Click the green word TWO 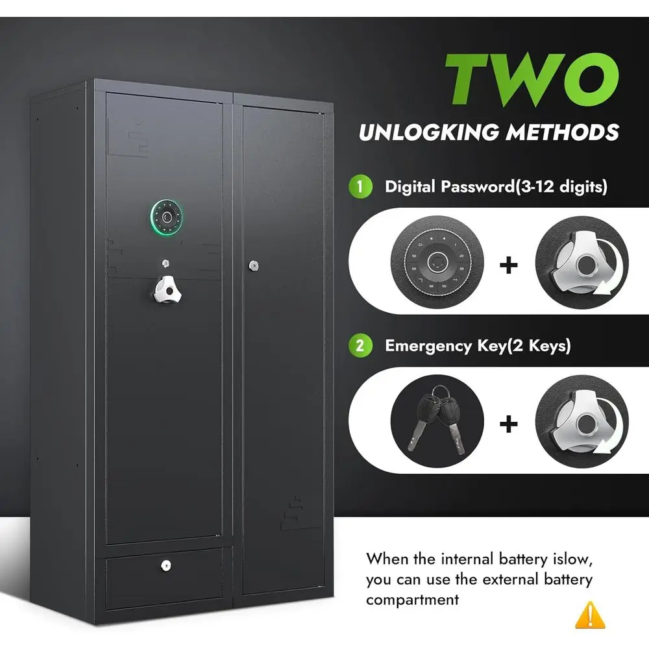(x=532, y=79)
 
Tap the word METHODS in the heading (x=563, y=132)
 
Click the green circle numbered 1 (x=360, y=187)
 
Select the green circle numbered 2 (x=360, y=346)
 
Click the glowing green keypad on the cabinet (x=167, y=217)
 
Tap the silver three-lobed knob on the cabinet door (x=167, y=289)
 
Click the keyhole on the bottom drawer (x=166, y=565)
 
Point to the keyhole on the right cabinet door (x=254, y=265)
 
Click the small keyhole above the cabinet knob (x=165, y=263)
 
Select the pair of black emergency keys (x=437, y=420)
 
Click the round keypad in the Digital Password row (x=437, y=262)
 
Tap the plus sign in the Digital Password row (x=509, y=265)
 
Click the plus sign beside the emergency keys (x=509, y=424)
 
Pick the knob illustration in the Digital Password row (x=582, y=263)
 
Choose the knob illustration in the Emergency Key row (x=582, y=422)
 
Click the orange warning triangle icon (x=590, y=615)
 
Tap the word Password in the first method (x=478, y=187)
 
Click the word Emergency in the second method (x=428, y=347)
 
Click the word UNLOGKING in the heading (x=429, y=132)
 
